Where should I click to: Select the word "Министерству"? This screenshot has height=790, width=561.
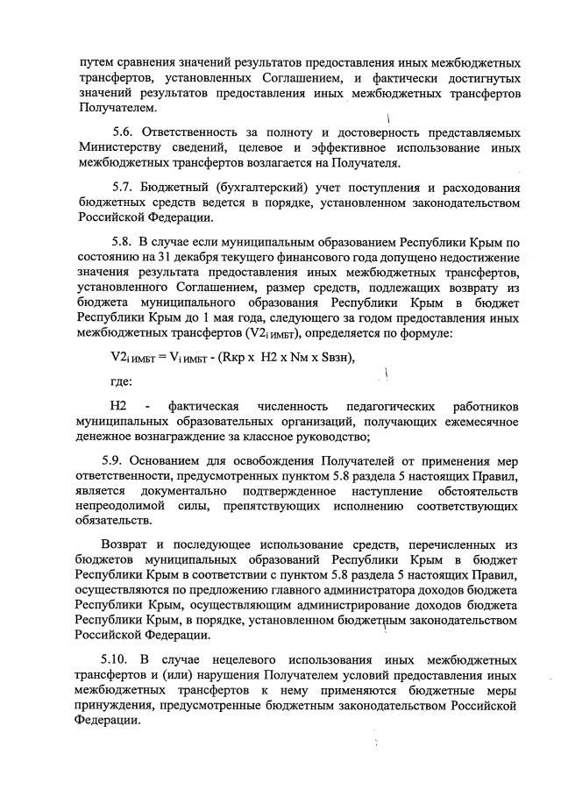[121, 146]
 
